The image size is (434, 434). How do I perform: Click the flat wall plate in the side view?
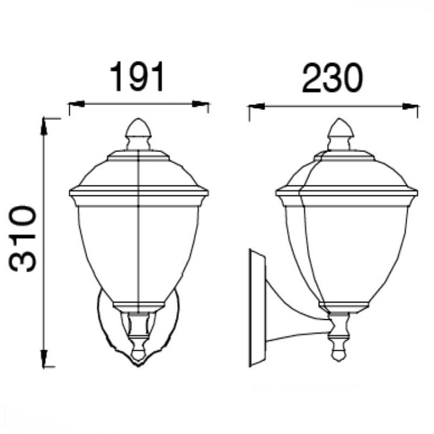pos(256,307)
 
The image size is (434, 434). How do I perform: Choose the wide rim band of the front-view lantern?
pos(138,193)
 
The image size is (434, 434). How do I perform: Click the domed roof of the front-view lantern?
pos(138,172)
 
